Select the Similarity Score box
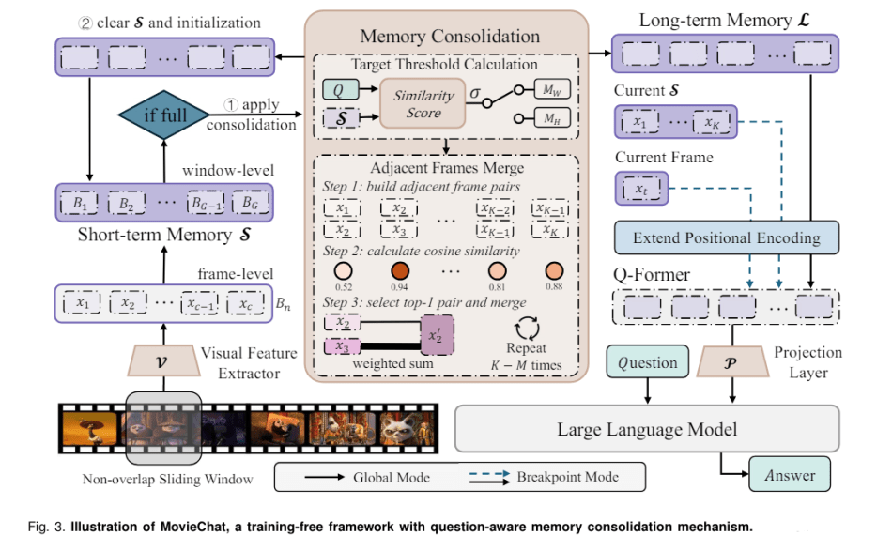(423, 105)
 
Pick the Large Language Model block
(646, 430)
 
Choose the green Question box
(647, 363)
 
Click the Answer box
(789, 474)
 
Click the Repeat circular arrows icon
(526, 329)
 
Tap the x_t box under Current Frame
(640, 190)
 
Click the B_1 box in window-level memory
(85, 203)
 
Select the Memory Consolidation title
(450, 37)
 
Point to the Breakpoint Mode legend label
(567, 477)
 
